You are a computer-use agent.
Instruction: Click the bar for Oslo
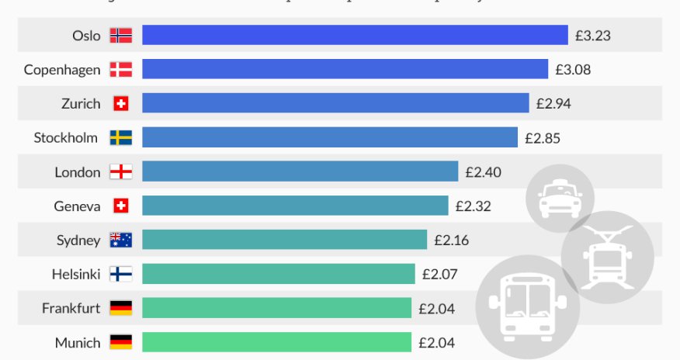coord(355,35)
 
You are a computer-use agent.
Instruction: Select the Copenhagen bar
coord(345,69)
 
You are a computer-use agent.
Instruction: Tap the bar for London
coord(300,171)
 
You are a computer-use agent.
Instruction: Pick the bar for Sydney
coord(284,240)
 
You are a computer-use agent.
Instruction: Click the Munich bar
coord(276,342)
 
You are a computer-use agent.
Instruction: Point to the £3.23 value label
coord(593,35)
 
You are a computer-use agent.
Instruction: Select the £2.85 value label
coord(543,137)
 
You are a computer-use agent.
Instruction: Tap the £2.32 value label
coord(473,206)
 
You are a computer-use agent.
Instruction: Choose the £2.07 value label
coord(440,274)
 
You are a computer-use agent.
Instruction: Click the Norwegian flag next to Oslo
coord(120,35)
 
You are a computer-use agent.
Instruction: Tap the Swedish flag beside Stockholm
coord(120,137)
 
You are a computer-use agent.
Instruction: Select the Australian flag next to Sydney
coord(120,240)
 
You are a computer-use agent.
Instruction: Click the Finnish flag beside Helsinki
coord(120,274)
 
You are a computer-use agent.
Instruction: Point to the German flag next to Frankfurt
coord(120,308)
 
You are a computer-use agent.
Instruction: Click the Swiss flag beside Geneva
coord(120,206)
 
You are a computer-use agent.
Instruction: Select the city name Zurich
coord(81,103)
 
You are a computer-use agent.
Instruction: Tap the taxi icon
coord(560,199)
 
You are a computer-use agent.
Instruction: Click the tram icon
coord(607,256)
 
